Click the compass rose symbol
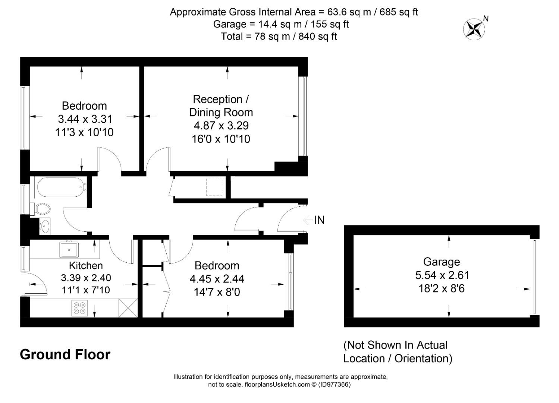474,29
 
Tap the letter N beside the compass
486,19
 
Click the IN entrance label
319,220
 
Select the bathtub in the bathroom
60,187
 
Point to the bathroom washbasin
45,226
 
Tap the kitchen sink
69,249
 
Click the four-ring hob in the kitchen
79,308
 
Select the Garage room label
442,262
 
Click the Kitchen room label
86,265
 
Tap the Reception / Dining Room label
221,106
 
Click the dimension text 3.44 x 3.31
85,119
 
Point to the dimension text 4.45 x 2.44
217,279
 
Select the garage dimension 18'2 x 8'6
442,289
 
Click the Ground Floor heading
65,354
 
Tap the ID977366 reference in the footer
334,384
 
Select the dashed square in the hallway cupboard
214,187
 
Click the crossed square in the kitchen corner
128,308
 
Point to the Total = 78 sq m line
279,37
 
